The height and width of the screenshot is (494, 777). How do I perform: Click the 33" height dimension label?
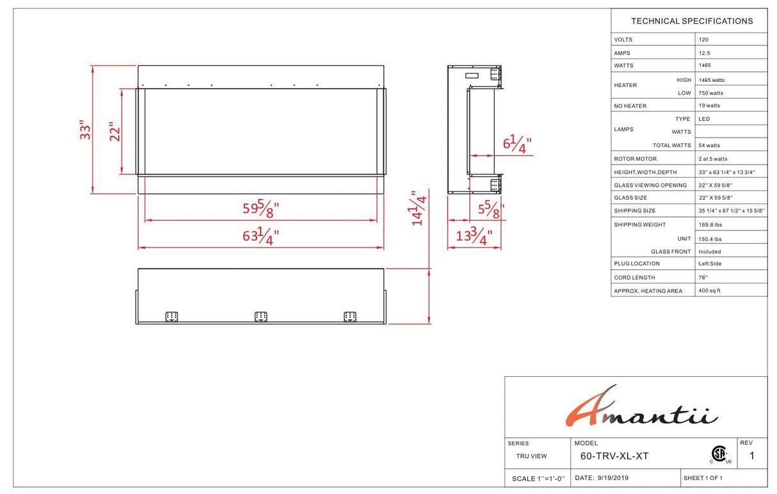[x=85, y=130]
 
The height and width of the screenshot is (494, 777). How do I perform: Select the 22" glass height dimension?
[x=115, y=131]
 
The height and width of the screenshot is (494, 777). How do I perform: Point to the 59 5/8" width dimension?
[x=260, y=209]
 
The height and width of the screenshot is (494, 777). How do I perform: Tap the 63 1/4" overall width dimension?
[x=260, y=236]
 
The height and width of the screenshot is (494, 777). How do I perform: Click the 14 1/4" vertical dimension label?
[x=419, y=208]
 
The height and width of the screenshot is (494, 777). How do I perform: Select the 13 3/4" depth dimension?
[x=474, y=236]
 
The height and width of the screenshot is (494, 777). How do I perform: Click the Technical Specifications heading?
[x=692, y=21]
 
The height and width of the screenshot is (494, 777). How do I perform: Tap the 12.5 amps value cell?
[x=704, y=53]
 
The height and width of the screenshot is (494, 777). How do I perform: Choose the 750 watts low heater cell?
[x=710, y=93]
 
